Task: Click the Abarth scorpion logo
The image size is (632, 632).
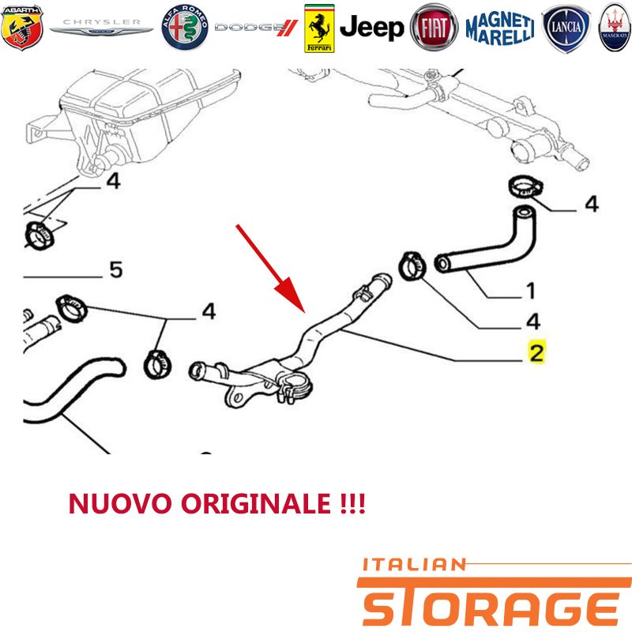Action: (x=22, y=28)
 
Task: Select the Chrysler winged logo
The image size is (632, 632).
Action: (x=101, y=27)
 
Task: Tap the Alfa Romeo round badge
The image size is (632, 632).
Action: (x=185, y=28)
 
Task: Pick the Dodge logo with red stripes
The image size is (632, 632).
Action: (x=256, y=28)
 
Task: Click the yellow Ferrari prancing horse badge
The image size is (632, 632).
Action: (x=319, y=28)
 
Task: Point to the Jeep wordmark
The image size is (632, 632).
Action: (x=371, y=28)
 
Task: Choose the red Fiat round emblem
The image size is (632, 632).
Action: (x=434, y=28)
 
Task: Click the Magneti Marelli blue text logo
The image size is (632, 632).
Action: (x=500, y=28)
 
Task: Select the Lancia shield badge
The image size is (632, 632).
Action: (x=566, y=28)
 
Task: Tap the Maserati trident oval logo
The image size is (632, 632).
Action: (x=615, y=28)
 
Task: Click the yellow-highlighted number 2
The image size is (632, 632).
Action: (x=537, y=352)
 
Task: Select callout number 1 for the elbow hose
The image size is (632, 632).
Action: (x=530, y=291)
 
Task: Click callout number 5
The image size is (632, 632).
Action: (x=115, y=269)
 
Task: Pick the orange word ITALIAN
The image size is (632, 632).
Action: (x=414, y=565)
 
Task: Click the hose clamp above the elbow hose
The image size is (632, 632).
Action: (x=525, y=187)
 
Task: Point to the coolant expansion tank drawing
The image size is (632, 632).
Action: (x=133, y=117)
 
